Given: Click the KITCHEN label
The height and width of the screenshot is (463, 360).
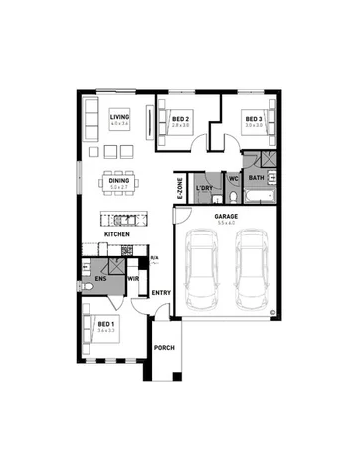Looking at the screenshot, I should click(x=118, y=235).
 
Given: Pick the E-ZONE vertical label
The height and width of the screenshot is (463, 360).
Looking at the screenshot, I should click(x=180, y=188).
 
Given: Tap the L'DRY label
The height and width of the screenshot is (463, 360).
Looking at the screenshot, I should click(x=205, y=188).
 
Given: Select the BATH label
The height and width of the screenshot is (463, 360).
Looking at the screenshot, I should click(x=256, y=179).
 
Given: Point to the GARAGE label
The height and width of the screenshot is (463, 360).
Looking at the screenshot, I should click(x=227, y=216).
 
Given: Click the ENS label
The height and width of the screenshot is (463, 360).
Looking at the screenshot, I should click(x=100, y=279).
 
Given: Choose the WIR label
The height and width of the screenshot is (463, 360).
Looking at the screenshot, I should click(x=132, y=280).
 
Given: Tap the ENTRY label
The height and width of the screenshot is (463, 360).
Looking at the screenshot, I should click(x=160, y=293).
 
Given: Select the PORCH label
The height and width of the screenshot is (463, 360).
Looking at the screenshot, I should click(x=163, y=347).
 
